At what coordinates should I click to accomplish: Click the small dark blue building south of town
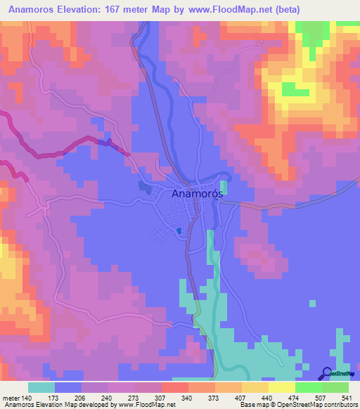pyautogui.click(x=179, y=231)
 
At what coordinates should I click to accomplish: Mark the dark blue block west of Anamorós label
pyautogui.click(x=145, y=187)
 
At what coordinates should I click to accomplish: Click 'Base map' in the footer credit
pyautogui.click(x=252, y=405)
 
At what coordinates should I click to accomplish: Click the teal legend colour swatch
pyautogui.click(x=41, y=387)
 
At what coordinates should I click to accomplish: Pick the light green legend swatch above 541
pyautogui.click(x=335, y=387)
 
